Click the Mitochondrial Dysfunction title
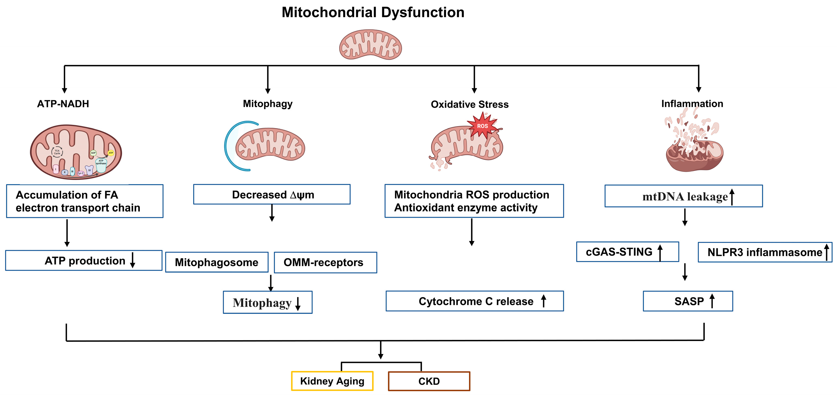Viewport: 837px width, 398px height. point(373,12)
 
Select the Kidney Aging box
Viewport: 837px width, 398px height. point(332,381)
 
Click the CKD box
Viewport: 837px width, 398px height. point(429,381)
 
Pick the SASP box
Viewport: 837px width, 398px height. point(688,301)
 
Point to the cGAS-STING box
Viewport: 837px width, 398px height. point(627,252)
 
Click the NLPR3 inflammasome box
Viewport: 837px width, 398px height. point(765,252)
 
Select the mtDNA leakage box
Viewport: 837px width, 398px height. point(683,196)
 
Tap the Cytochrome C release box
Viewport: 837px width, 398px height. point(474,301)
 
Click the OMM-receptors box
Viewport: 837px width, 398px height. point(325,262)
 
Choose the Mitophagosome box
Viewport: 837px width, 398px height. point(217,262)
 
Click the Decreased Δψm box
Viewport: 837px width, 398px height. point(272,194)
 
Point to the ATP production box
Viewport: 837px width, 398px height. point(84,261)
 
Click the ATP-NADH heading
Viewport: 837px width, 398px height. point(63,104)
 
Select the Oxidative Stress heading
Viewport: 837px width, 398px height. point(470,104)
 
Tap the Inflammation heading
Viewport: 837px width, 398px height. point(692,104)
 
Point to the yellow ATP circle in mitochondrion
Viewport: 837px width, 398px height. point(111,153)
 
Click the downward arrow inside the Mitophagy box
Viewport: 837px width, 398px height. point(298,304)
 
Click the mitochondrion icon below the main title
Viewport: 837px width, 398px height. point(370,45)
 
